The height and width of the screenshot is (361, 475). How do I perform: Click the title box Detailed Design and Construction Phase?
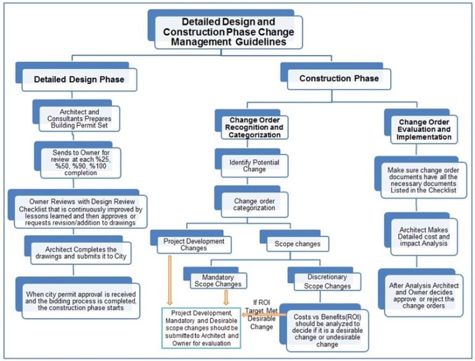click(x=225, y=31)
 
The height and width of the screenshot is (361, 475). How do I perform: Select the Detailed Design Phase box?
click(x=79, y=80)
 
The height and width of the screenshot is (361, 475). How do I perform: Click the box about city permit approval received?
click(x=79, y=299)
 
